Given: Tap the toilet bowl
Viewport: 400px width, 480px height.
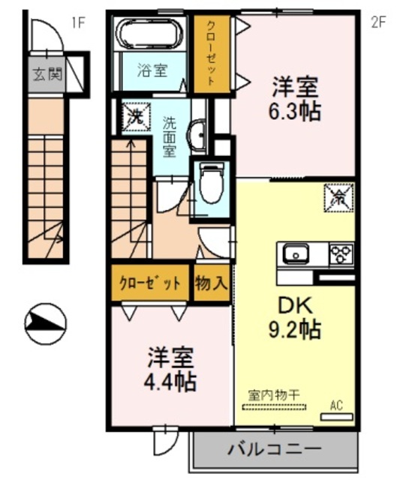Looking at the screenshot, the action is [x=211, y=184].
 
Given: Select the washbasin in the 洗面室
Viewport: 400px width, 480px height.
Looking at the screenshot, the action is [x=197, y=135].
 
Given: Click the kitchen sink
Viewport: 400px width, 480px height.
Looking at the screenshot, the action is [x=296, y=253].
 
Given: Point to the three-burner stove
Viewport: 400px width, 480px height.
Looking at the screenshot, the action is [x=341, y=253].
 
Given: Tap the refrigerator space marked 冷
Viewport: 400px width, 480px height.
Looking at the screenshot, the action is [x=338, y=198].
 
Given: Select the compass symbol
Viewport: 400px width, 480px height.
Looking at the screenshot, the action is [x=46, y=323].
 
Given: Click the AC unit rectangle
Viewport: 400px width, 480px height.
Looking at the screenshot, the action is [x=336, y=417].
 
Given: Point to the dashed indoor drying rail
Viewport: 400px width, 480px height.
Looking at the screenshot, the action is [x=274, y=407].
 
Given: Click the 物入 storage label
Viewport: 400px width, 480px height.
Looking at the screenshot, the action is [x=212, y=283].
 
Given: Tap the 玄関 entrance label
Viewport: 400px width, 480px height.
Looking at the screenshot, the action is [x=47, y=73].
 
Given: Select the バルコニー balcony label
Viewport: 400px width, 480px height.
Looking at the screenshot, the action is [x=275, y=449].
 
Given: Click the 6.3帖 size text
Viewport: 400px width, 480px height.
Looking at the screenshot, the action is [x=295, y=112].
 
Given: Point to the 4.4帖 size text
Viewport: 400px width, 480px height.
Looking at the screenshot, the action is [x=170, y=382].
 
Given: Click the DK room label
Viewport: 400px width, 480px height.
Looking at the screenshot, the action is [x=295, y=305].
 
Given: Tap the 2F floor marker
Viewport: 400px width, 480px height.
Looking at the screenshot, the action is [x=378, y=22].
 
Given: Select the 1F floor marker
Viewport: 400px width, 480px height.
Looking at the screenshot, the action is [x=78, y=22].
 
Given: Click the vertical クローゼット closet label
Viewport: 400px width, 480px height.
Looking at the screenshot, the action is [x=211, y=52].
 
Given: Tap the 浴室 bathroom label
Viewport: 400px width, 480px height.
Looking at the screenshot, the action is [x=152, y=70].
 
